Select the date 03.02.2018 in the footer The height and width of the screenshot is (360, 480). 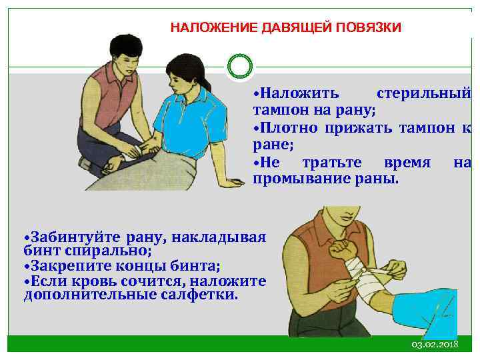[x=435, y=343]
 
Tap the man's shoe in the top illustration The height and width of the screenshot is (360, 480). [x=85, y=164]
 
